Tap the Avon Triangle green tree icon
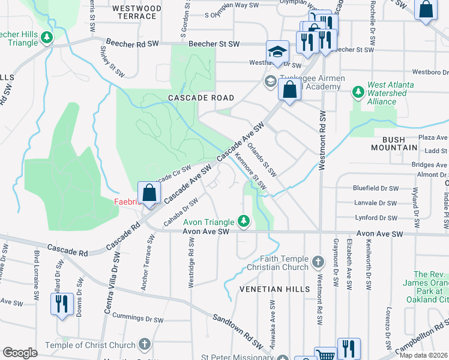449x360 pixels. click(244, 221)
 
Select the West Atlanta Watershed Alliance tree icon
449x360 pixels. click(358, 92)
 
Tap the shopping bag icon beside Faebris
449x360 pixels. click(149, 193)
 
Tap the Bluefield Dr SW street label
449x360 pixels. click(375, 188)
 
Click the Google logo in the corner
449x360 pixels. click(20, 353)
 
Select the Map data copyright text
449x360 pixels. click(423, 355)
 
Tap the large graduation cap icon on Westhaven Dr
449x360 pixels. click(277, 51)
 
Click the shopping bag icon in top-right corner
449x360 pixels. click(426, 10)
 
